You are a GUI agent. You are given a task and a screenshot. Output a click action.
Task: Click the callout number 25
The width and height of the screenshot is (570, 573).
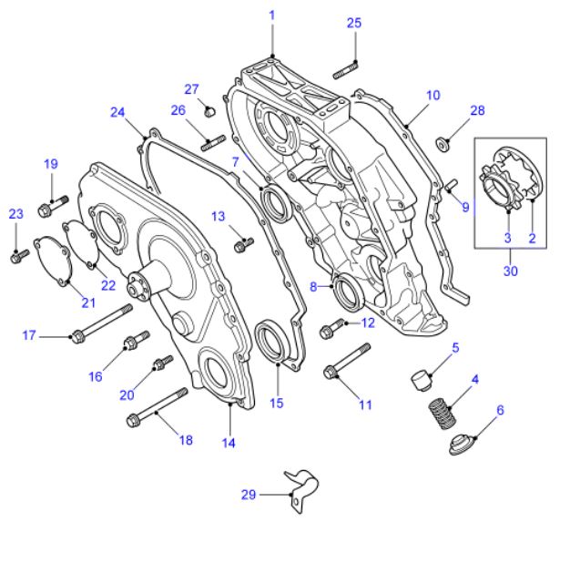354,23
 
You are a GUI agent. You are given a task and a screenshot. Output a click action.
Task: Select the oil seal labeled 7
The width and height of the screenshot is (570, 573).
274,201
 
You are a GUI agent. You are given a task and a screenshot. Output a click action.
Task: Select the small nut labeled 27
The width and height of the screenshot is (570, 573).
209,112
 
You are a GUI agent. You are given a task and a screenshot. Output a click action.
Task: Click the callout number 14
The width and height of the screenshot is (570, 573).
228,443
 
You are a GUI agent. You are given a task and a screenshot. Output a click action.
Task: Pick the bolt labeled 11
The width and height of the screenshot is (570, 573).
347,361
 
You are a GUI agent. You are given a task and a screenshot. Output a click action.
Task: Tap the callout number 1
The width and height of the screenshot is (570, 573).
270,15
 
